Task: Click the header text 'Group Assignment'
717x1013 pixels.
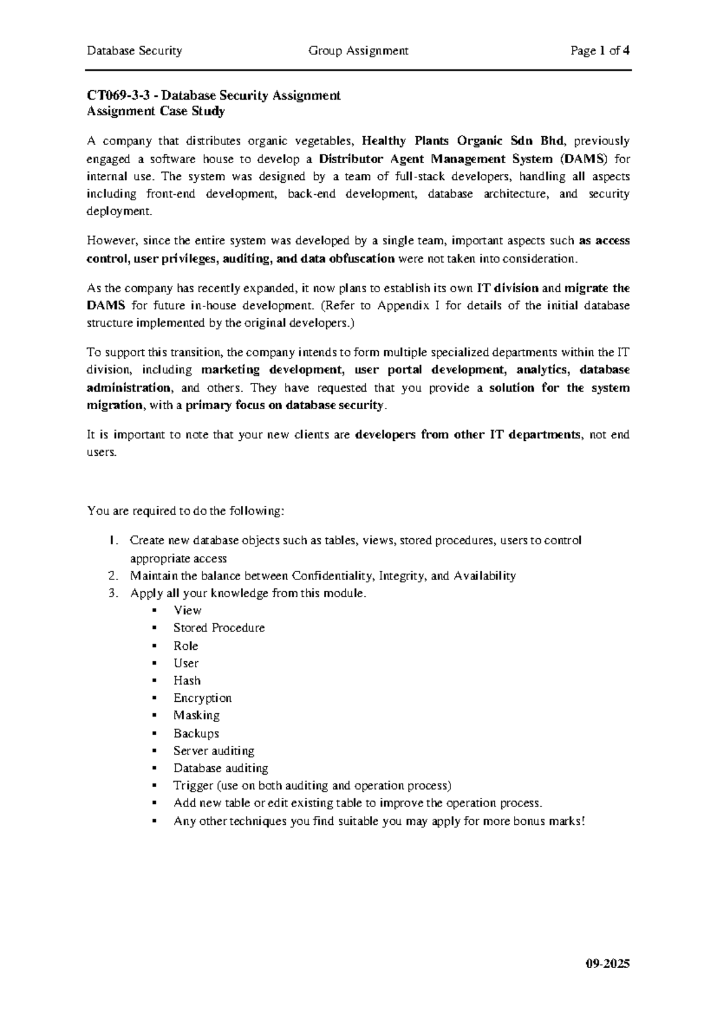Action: pyautogui.click(x=358, y=51)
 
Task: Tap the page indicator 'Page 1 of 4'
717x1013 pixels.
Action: pyautogui.click(x=600, y=51)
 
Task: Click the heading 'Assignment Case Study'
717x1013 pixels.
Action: pyautogui.click(x=156, y=111)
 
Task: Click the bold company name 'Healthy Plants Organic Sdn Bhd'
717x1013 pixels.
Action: pyautogui.click(x=463, y=141)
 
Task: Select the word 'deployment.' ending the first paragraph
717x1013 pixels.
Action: pyautogui.click(x=119, y=211)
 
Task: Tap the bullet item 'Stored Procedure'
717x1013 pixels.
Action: pyautogui.click(x=219, y=628)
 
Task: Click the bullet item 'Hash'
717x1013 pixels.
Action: pyautogui.click(x=187, y=680)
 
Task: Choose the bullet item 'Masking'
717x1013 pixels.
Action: pyautogui.click(x=196, y=715)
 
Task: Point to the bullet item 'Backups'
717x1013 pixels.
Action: pyautogui.click(x=196, y=733)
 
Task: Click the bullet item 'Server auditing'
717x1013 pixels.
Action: pyautogui.click(x=213, y=750)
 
